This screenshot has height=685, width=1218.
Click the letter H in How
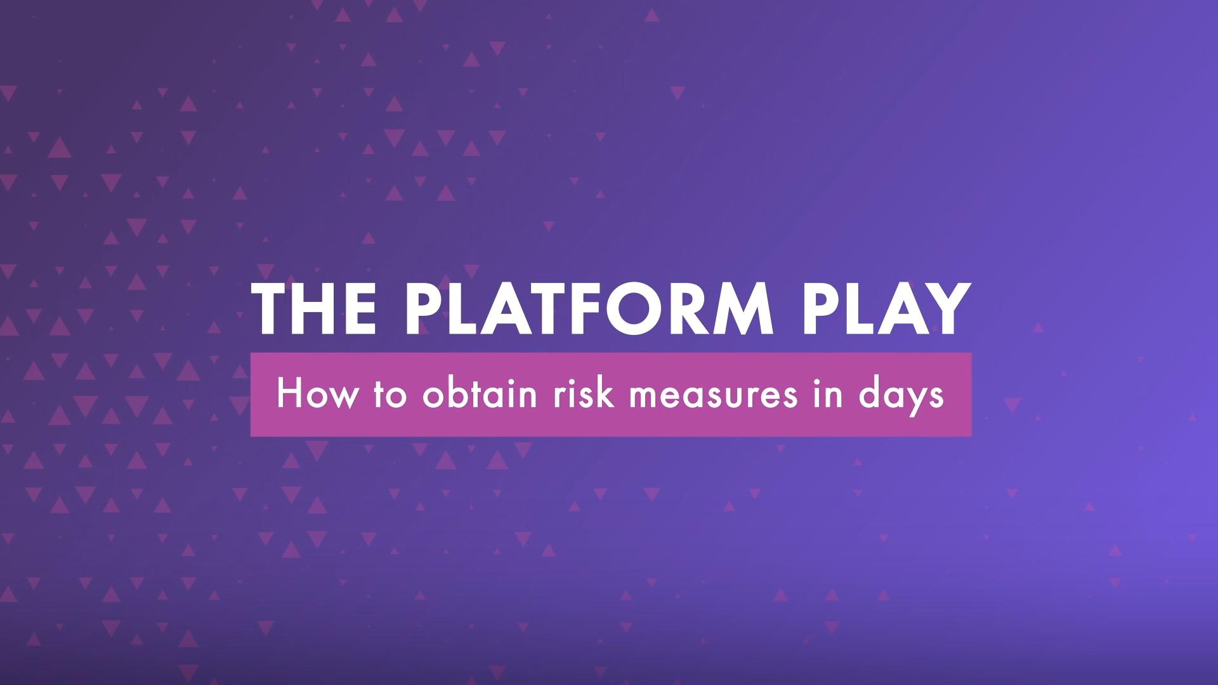point(287,395)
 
